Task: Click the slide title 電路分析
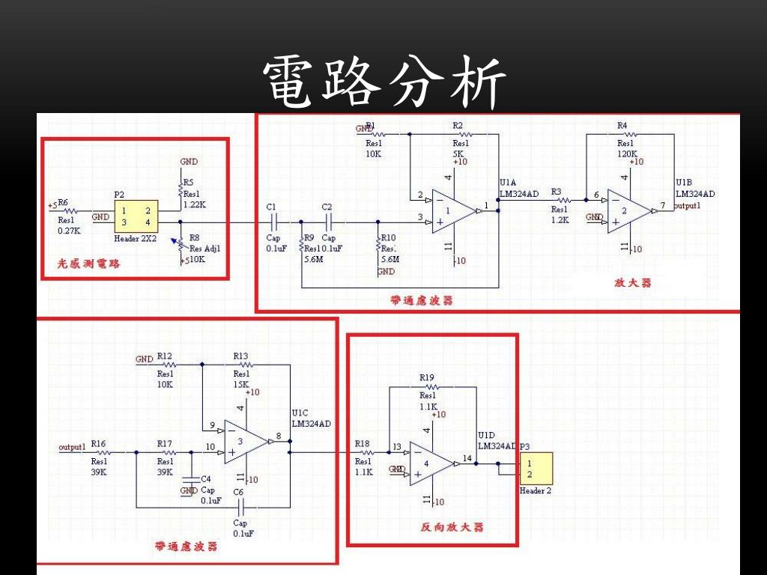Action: tap(384, 82)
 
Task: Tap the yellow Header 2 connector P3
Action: tap(536, 469)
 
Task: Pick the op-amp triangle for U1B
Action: tap(628, 211)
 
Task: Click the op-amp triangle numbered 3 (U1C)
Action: tap(245, 442)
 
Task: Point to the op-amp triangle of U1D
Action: tap(431, 463)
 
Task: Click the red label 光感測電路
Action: tap(89, 264)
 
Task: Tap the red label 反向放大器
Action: tap(452, 527)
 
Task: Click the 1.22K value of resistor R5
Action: tap(194, 204)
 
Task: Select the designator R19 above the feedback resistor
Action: tap(427, 377)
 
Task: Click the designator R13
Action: tap(240, 356)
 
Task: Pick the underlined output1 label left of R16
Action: tap(72, 447)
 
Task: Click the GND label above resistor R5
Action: tap(189, 162)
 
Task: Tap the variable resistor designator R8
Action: tap(194, 237)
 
